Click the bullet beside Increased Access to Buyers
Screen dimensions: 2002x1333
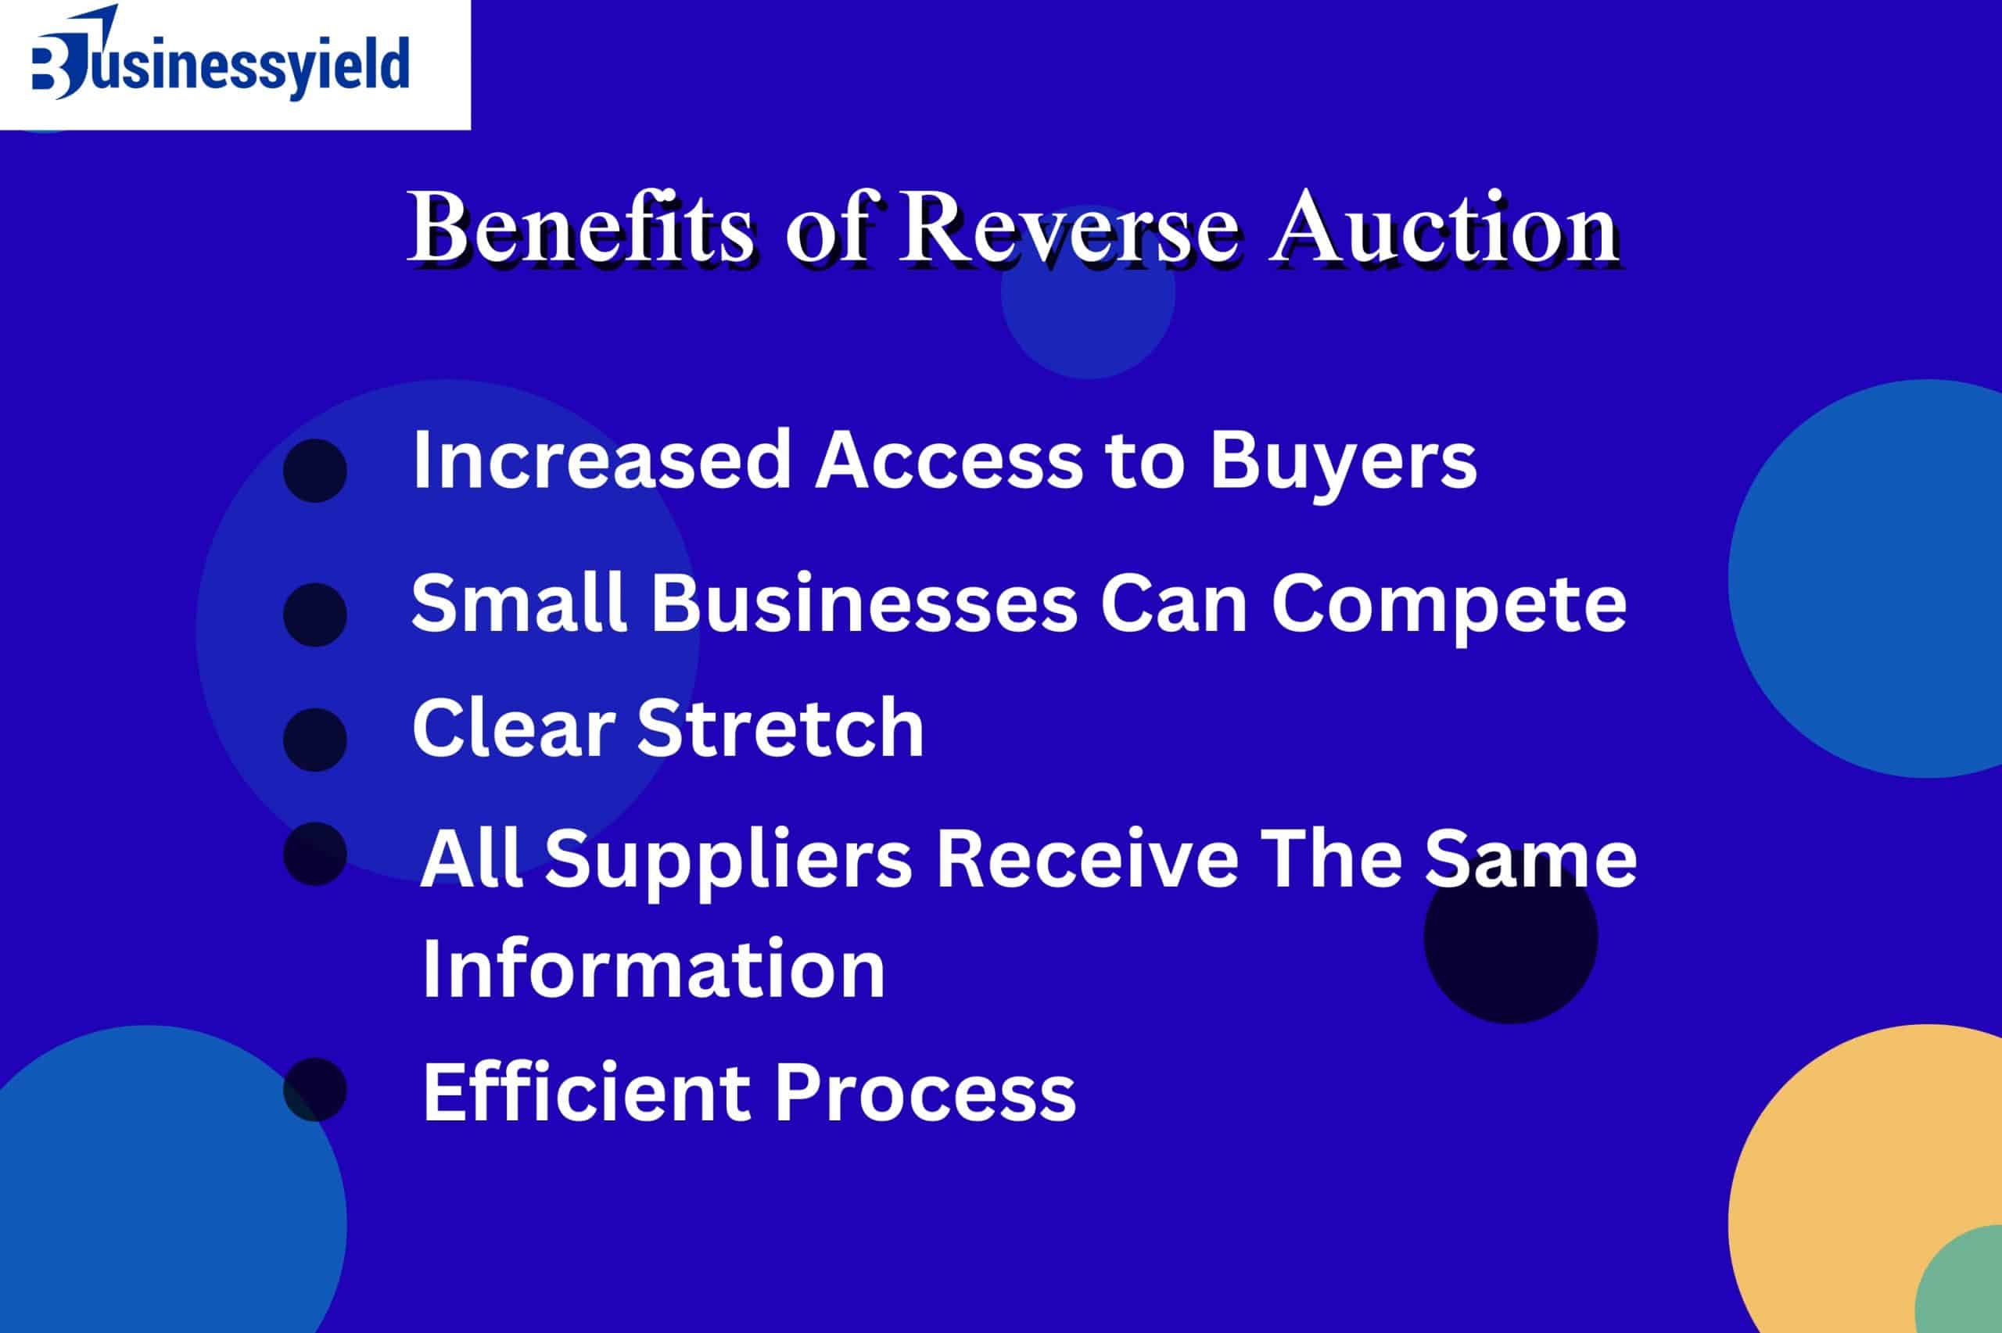pos(314,470)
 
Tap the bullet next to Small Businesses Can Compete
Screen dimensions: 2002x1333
pos(314,615)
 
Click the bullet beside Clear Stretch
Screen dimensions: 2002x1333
pos(314,740)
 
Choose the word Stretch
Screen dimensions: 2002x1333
pos(780,728)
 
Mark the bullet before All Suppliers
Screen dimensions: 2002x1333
pos(314,854)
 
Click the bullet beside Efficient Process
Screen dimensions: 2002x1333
pos(314,1090)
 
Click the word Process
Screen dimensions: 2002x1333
pos(925,1094)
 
